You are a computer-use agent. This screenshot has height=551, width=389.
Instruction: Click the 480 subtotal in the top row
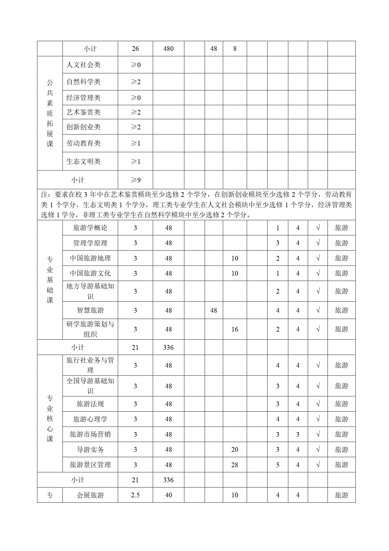(168, 49)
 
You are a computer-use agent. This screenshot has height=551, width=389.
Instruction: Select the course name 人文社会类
(83, 65)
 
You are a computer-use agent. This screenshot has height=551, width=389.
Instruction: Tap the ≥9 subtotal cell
(135, 180)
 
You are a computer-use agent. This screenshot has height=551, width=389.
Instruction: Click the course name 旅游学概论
(90, 228)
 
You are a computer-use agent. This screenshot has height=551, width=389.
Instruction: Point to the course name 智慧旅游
(90, 311)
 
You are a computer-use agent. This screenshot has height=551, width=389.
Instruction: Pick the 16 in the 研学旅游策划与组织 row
(235, 329)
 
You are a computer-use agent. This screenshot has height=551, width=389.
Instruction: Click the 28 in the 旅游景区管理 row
(235, 465)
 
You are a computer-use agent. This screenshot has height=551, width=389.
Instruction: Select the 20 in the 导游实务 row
(235, 450)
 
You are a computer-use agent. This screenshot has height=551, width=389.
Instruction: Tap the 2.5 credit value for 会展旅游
(135, 495)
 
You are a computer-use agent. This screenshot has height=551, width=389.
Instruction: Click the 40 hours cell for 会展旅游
(168, 495)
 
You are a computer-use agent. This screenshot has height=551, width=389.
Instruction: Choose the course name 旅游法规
(90, 404)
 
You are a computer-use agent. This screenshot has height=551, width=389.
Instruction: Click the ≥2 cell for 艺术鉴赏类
(135, 112)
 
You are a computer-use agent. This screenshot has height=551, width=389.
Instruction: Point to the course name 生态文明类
(83, 161)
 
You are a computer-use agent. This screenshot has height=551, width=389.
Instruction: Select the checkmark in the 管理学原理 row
(318, 243)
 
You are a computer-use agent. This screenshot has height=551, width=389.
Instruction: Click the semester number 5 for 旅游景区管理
(278, 465)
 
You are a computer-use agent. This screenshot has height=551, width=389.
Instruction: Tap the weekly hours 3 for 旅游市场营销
(298, 435)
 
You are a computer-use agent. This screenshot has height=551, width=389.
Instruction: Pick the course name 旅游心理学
(90, 419)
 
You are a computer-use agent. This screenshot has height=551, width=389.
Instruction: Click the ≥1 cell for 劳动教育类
(135, 143)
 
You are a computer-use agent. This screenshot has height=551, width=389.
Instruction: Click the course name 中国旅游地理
(90, 258)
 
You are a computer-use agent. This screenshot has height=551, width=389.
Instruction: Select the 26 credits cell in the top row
(135, 49)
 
